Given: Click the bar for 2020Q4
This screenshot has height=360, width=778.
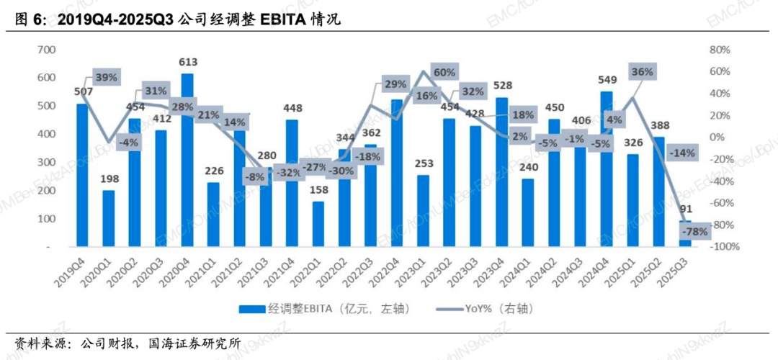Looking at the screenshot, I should coord(187,160).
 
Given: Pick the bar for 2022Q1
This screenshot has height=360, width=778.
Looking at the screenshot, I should coord(318,224).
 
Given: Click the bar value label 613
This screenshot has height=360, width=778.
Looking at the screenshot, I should coord(187,62).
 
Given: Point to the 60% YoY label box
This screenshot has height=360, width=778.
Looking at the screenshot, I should coord(444,73).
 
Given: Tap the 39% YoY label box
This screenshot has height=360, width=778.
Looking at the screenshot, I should coord(107,78).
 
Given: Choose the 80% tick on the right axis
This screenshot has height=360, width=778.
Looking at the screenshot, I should coord(720,50).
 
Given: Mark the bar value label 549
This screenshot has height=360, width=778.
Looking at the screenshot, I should coord(606,80).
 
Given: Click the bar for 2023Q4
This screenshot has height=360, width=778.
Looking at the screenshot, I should coord(501,172).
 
